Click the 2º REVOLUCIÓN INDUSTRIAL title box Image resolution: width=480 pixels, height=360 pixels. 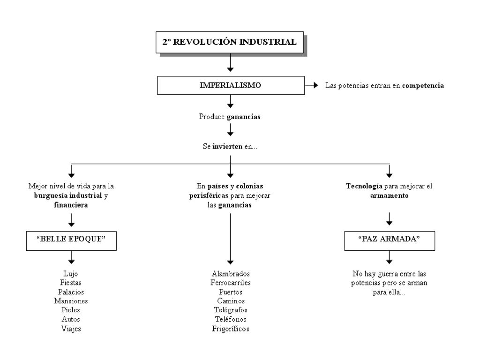coord(230,42)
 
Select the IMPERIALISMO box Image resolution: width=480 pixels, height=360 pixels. coord(231,85)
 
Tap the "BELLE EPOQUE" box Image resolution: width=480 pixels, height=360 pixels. coord(71,240)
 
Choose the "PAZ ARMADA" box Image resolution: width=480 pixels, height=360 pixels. coord(390,240)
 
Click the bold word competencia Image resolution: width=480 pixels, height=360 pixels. coord(423,85)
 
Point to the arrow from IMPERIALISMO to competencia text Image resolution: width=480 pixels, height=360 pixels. coord(312,85)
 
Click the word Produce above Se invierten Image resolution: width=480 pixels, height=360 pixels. coord(212,117)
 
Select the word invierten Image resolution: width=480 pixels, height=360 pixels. coord(227,146)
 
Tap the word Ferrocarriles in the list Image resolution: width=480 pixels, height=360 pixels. coord(231,283)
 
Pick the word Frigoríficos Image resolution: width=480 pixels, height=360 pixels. coord(231,329)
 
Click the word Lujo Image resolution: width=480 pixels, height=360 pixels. coord(71,274)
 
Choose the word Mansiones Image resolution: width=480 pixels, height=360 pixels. coord(71,301)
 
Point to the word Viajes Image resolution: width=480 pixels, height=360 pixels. coord(71,329)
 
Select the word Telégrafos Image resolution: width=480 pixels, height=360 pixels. coord(231,310)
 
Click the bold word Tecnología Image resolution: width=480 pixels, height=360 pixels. coord(364,186)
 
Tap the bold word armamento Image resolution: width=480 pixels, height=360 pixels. coord(390,195)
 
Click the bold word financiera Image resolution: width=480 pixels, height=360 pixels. coord(71,205)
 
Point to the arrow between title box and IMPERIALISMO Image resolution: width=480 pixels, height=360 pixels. coord(230,63)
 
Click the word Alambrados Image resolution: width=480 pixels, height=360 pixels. coord(231,274)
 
